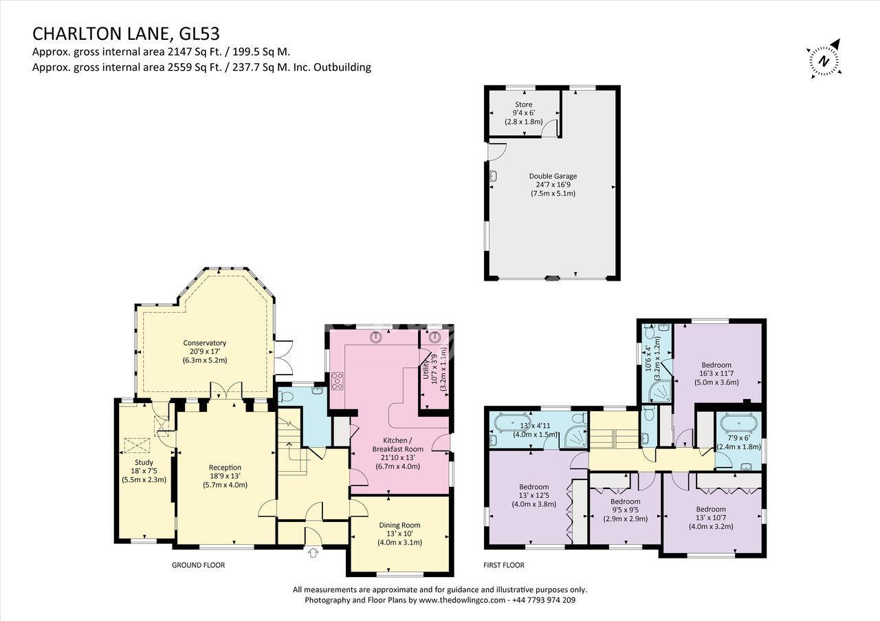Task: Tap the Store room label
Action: coord(524,105)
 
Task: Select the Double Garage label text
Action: coord(553,176)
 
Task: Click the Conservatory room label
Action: coord(205,343)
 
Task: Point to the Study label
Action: coord(144,463)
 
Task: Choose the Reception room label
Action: coord(225,468)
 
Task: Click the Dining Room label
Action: coord(399,525)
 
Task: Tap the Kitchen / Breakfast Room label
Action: coord(398,444)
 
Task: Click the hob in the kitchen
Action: coord(338,381)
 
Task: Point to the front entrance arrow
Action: coord(313,553)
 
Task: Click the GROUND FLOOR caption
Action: coord(199,565)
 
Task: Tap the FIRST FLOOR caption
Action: coord(504,565)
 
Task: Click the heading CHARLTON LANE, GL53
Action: coord(126,34)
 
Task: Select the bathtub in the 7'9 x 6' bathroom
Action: coord(739,424)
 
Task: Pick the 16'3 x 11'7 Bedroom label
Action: coord(716,365)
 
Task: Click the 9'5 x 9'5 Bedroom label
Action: coord(626,501)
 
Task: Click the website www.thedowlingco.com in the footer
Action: coord(462,600)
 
